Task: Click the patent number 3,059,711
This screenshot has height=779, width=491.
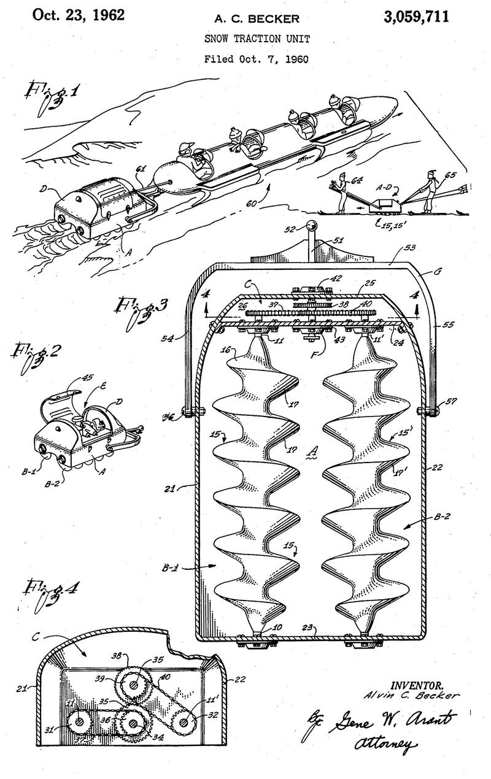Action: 416,17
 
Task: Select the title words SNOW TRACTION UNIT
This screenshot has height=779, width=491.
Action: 257,39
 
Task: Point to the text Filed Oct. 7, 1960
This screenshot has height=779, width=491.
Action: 257,59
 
